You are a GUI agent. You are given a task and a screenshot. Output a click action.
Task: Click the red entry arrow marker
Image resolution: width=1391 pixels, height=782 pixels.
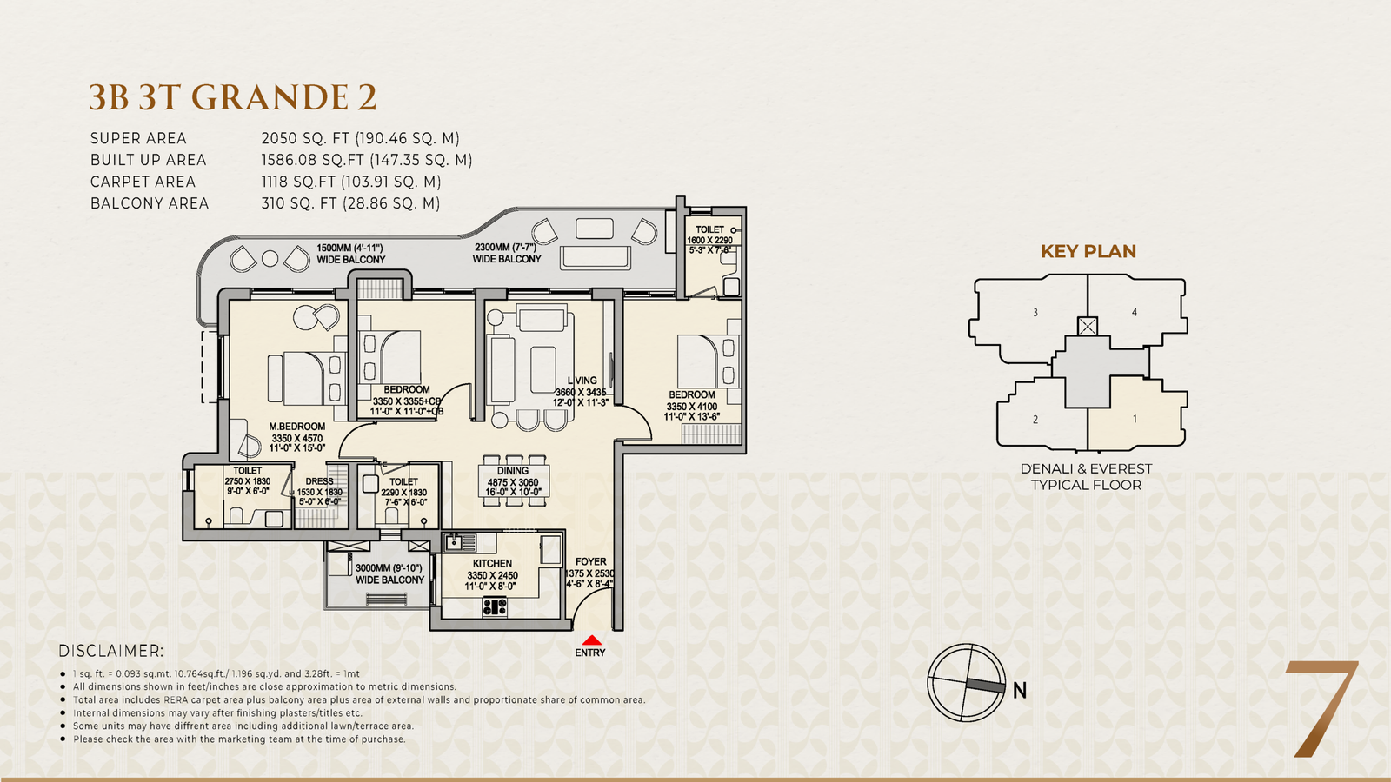click(x=592, y=640)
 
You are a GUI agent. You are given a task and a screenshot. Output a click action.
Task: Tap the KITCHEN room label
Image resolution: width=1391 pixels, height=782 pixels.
click(x=492, y=564)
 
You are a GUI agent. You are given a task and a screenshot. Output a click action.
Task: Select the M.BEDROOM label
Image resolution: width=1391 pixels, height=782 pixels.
click(x=296, y=427)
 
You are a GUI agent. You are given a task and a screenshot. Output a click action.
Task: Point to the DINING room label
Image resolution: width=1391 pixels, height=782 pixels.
click(x=512, y=471)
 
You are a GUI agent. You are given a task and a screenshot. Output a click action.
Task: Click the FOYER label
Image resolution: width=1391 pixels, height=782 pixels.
click(x=590, y=561)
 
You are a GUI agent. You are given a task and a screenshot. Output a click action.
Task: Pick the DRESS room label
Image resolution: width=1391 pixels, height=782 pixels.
click(x=319, y=481)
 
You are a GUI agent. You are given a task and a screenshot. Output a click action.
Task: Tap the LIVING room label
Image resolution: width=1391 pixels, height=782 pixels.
click(x=582, y=381)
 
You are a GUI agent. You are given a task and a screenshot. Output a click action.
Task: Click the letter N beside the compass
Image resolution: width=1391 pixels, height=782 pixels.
click(x=1020, y=690)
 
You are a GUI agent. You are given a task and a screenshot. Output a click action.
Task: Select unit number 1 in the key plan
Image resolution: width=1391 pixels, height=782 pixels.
click(x=1135, y=419)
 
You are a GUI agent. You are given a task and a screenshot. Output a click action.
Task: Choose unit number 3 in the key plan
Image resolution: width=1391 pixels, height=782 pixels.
click(x=1035, y=312)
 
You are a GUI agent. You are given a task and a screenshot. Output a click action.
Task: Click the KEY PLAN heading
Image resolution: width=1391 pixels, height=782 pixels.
click(x=1088, y=251)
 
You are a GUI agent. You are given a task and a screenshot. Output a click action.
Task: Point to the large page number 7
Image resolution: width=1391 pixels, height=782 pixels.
click(x=1321, y=709)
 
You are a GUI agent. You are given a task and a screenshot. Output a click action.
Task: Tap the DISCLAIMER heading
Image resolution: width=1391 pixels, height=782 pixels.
click(x=111, y=651)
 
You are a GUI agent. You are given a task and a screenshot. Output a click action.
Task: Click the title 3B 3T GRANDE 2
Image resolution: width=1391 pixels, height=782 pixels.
click(x=233, y=97)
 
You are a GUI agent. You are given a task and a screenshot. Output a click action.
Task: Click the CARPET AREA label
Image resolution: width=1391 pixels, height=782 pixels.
click(x=143, y=182)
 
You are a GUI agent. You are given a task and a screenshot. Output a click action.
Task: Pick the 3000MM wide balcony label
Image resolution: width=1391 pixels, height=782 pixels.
click(x=389, y=574)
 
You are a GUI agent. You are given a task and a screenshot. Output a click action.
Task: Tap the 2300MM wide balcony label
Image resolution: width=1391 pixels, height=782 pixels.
click(x=507, y=253)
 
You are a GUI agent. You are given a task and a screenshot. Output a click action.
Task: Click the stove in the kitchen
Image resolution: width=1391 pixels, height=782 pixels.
click(x=495, y=606)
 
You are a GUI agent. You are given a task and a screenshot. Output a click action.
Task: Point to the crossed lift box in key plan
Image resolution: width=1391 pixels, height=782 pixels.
click(x=1088, y=327)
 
